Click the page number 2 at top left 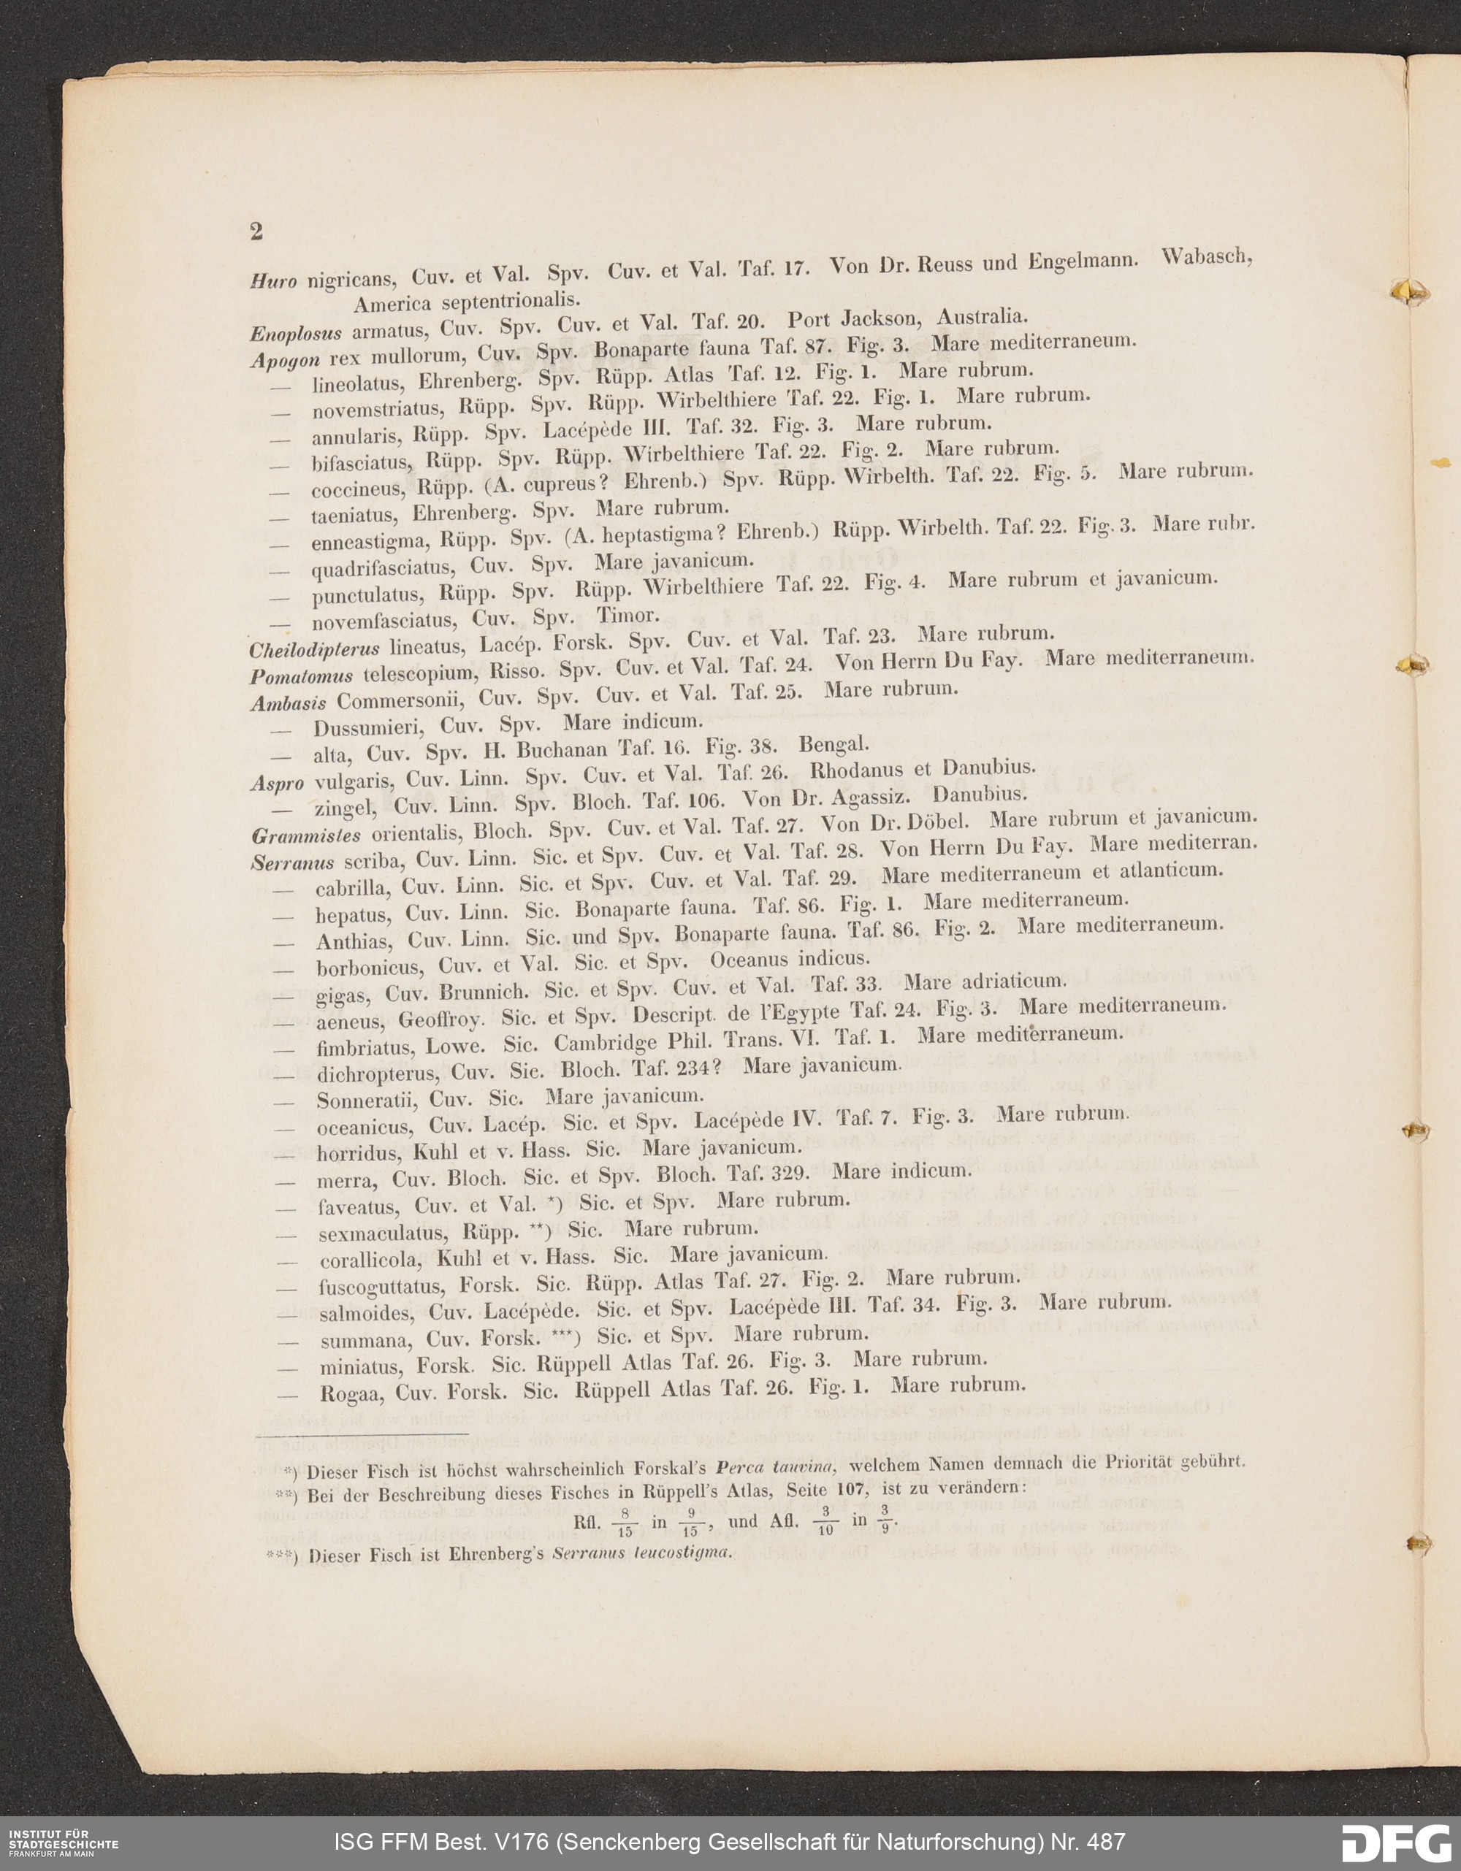point(256,232)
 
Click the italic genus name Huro point(272,281)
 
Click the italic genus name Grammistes point(306,835)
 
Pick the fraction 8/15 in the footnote point(625,1524)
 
